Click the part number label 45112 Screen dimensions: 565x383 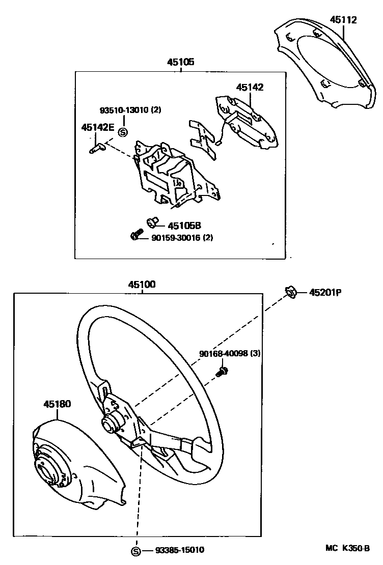(x=343, y=20)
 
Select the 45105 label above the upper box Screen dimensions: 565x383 (x=181, y=63)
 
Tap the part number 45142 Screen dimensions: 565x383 (x=250, y=88)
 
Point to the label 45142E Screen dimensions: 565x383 (x=97, y=127)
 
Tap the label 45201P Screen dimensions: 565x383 (x=324, y=293)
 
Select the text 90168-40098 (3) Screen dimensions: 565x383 (x=230, y=353)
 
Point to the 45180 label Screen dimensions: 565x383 (x=57, y=404)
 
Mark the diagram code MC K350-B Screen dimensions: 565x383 (x=347, y=549)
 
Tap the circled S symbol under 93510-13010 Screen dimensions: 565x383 (x=122, y=132)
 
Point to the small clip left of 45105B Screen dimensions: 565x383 (x=152, y=222)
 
